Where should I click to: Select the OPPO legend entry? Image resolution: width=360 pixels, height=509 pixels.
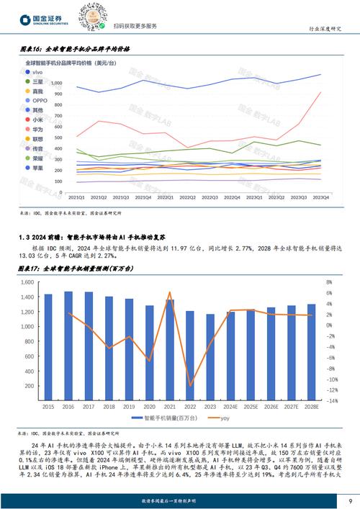point(39,101)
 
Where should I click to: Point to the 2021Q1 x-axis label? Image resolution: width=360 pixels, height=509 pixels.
point(76,196)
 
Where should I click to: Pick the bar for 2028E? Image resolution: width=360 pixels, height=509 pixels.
point(312,353)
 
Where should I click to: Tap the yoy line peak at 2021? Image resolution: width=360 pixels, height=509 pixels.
point(170,292)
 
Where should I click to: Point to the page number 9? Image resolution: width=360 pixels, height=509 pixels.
point(349,500)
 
